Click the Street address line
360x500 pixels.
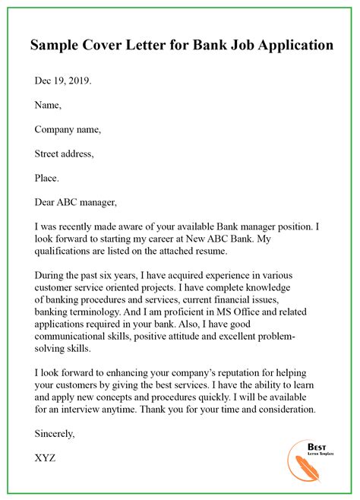coord(65,153)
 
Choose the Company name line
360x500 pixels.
coord(68,129)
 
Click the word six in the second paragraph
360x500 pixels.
coord(125,275)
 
